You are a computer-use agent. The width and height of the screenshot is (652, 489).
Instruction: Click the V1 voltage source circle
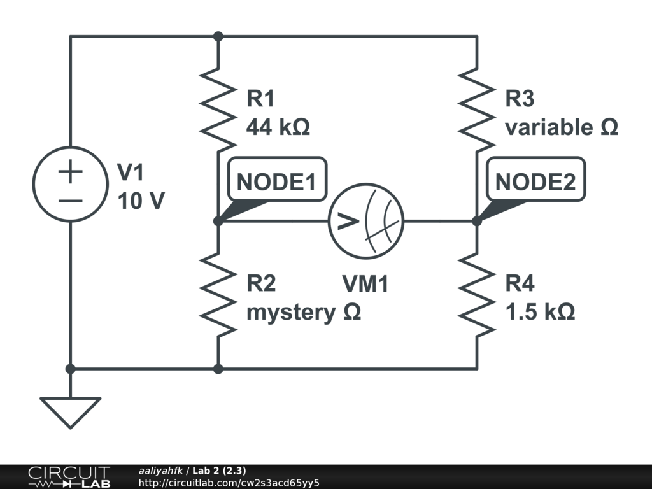(33, 184)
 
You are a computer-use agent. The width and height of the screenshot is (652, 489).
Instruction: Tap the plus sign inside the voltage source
(70, 171)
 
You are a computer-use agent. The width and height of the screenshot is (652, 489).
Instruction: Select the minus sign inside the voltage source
(70, 201)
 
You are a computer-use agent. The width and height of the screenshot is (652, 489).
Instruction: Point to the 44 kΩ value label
(278, 127)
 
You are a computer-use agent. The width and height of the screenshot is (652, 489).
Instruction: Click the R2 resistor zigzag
(218, 294)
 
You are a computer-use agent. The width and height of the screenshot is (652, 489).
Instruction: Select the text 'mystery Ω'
(304, 312)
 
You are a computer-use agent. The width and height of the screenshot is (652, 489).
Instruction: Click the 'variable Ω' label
(562, 127)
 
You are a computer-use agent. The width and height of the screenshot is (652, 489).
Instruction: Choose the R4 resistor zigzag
(477, 294)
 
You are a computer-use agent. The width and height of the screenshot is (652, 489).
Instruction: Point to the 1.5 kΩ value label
(540, 311)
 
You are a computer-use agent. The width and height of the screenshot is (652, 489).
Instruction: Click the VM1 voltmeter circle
(329, 221)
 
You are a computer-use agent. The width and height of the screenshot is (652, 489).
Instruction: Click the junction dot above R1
(218, 36)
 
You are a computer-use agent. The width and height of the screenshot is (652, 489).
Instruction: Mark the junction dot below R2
(218, 369)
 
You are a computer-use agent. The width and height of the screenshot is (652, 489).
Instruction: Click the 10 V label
(141, 201)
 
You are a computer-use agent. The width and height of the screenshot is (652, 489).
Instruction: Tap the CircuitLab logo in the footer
(69, 477)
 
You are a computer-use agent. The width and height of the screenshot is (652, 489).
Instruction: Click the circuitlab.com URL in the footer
(229, 483)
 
